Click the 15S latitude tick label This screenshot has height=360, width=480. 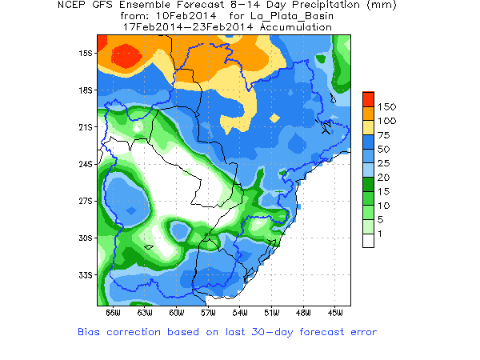(x=86, y=54)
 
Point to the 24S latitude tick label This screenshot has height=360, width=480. (x=86, y=165)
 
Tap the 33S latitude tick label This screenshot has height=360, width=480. (x=86, y=275)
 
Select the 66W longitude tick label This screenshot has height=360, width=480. (x=113, y=312)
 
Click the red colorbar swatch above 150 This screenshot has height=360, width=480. (x=368, y=98)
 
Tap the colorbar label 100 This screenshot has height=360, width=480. (x=387, y=120)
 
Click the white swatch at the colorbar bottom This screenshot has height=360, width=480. (x=368, y=240)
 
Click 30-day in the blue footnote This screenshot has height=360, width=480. (x=271, y=331)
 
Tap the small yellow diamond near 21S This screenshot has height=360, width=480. (x=275, y=118)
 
